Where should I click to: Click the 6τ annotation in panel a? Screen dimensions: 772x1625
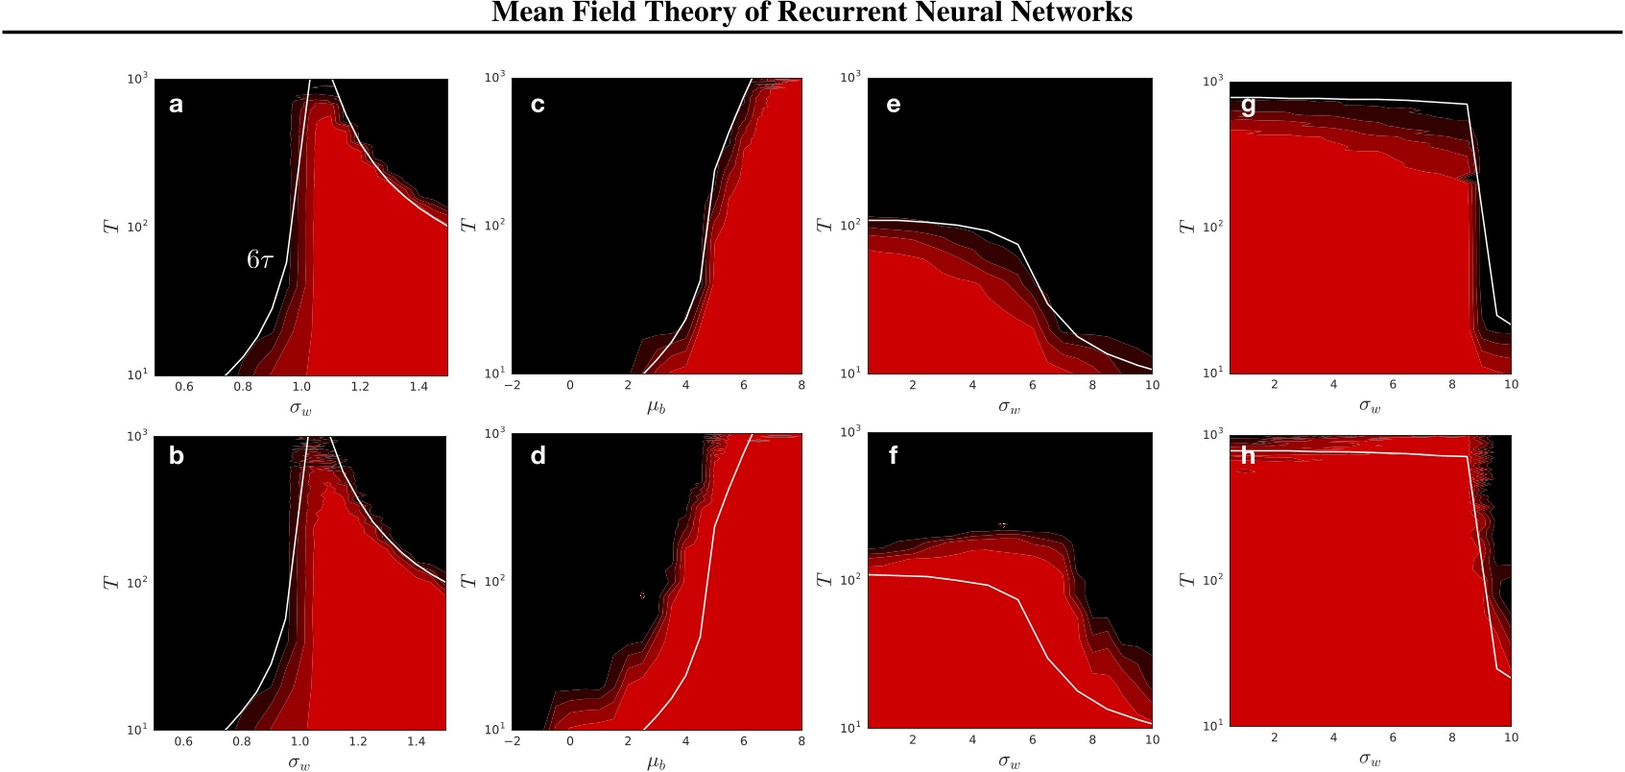(260, 259)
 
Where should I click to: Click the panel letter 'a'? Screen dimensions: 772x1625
(176, 105)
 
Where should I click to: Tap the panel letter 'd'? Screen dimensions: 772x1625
(538, 456)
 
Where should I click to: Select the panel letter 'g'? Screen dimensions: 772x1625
(1248, 106)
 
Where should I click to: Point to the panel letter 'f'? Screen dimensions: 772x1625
(893, 455)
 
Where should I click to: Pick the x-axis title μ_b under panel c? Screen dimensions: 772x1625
(656, 407)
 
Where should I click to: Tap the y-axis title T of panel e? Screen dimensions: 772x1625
(824, 224)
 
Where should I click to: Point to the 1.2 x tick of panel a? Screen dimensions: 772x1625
(360, 387)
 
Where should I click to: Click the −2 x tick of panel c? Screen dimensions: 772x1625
(513, 386)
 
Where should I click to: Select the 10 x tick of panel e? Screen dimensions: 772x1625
(1152, 385)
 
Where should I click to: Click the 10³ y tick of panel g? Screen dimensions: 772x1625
(1212, 82)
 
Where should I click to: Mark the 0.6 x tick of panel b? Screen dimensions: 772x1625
(183, 741)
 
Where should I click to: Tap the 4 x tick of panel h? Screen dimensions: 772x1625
(1333, 737)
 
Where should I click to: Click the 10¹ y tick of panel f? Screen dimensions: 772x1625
(850, 727)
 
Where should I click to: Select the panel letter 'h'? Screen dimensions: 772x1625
(1248, 455)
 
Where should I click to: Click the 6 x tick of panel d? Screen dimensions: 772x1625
(743, 741)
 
